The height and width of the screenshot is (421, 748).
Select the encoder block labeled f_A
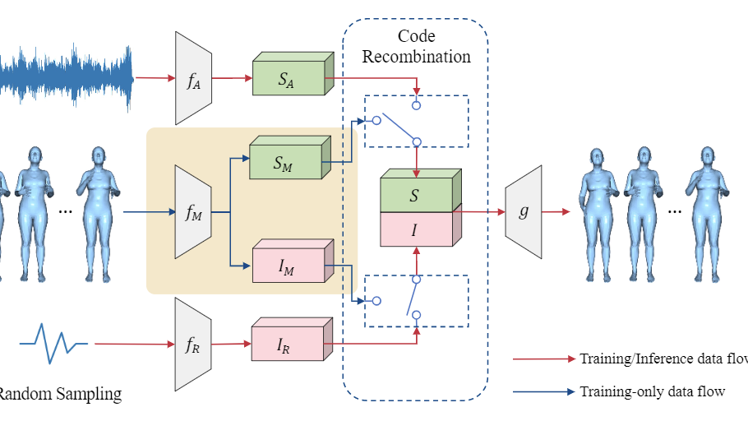coord(194,79)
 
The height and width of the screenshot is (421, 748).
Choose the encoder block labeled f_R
coord(194,344)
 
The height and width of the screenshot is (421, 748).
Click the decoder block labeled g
coord(524,211)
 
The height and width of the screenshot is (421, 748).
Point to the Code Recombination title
coord(417,47)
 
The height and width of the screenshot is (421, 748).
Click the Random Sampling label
coord(59,394)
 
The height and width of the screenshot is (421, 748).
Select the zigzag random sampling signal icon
coord(54,343)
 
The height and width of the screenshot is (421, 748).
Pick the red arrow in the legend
coord(543,359)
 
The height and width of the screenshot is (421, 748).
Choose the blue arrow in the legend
coord(543,392)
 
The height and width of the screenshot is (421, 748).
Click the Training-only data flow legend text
coord(652,391)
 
